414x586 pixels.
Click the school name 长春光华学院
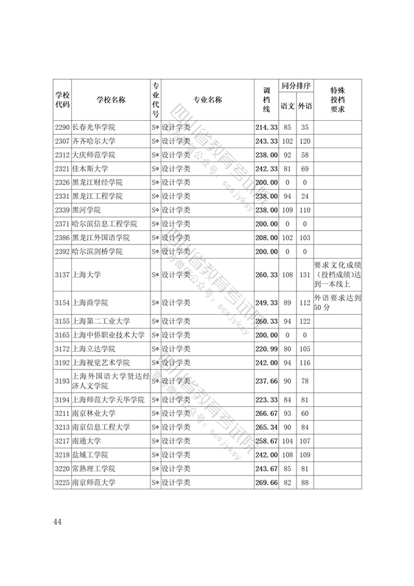coord(93,127)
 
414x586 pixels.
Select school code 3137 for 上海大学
coord(61,275)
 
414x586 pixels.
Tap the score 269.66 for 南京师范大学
coord(266,482)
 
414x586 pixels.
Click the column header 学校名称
coord(110,100)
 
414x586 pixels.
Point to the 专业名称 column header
coord(207,100)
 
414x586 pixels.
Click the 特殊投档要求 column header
coord(337,100)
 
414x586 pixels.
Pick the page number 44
coord(58,521)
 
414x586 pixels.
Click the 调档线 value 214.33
coord(266,127)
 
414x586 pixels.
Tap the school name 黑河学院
coord(86,210)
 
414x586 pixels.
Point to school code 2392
coord(61,251)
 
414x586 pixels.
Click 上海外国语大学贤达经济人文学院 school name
coord(110,381)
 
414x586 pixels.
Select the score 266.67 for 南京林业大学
coord(266,413)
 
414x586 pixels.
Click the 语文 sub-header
coord(287,106)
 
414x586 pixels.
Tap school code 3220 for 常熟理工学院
coord(61,469)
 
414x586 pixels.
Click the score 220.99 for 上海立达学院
coord(266,349)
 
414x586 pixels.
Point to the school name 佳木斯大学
coord(89,169)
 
